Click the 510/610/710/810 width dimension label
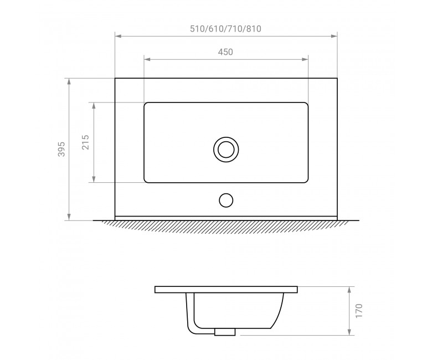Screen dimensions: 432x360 pyautogui.click(x=225, y=29)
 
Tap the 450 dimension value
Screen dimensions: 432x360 pyautogui.click(x=225, y=52)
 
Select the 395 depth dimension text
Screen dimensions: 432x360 pyautogui.click(x=61, y=149)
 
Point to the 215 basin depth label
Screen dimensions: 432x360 pyautogui.click(x=86, y=142)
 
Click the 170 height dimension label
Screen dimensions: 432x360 pyautogui.click(x=359, y=311)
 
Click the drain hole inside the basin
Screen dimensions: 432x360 pyautogui.click(x=226, y=150)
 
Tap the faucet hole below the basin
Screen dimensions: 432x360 pyautogui.click(x=226, y=200)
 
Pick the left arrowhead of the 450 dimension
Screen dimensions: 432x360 pyautogui.click(x=147, y=59)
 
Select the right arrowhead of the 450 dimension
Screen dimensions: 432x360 pyautogui.click(x=305, y=59)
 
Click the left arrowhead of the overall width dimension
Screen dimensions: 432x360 pyautogui.click(x=118, y=36)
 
